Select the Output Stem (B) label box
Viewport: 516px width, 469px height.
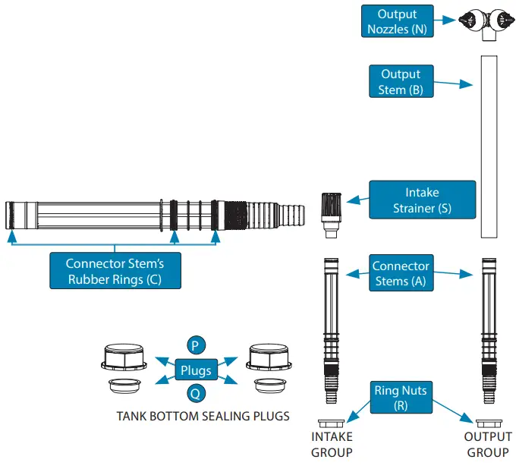400,82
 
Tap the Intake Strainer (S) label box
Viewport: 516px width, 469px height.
422,200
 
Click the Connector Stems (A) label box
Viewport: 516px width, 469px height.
400,274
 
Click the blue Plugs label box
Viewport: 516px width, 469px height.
194,370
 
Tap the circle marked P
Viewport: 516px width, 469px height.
195,346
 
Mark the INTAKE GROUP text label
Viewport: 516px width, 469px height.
332,445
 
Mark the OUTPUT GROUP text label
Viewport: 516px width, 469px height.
487,445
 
